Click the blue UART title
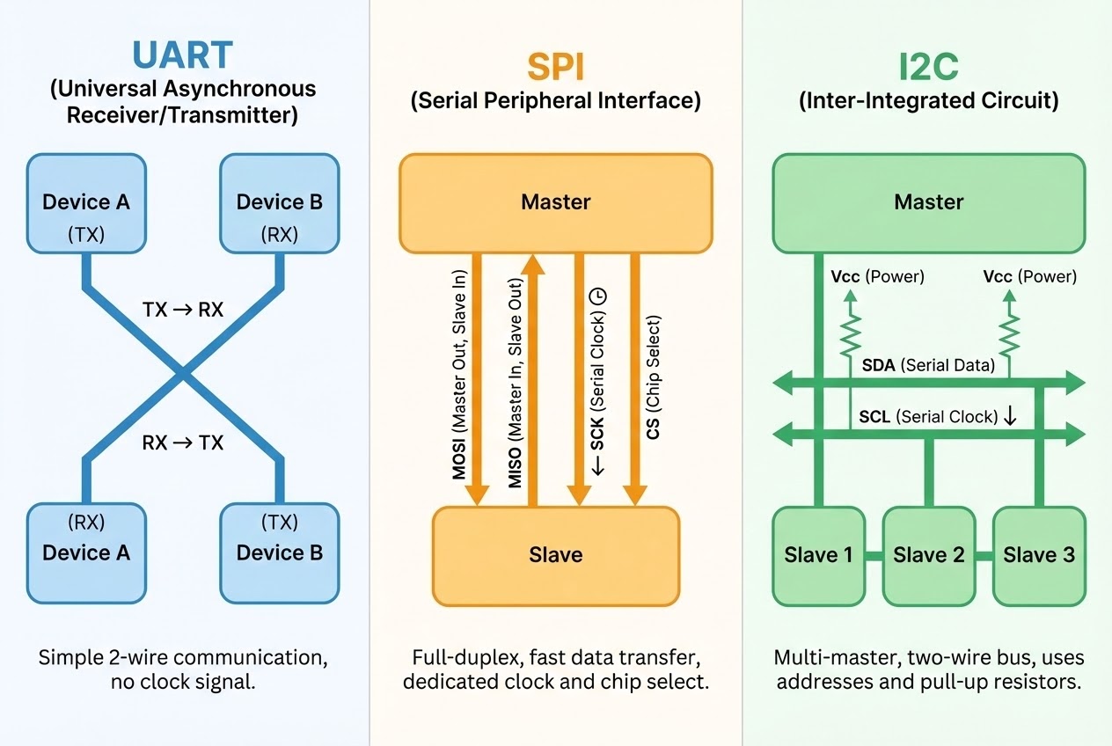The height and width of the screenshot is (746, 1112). pyautogui.click(x=182, y=55)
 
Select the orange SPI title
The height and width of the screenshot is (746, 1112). pyautogui.click(x=555, y=66)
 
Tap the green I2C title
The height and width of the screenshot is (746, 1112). pyautogui.click(x=928, y=66)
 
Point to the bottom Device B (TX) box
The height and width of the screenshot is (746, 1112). pyautogui.click(x=279, y=552)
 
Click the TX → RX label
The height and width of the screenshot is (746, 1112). pyautogui.click(x=183, y=310)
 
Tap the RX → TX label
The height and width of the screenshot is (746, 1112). pyautogui.click(x=183, y=442)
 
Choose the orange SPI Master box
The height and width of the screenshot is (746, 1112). pyautogui.click(x=555, y=203)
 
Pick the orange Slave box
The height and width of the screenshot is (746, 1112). pyautogui.click(x=555, y=555)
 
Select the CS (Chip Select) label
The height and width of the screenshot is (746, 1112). pyautogui.click(x=654, y=377)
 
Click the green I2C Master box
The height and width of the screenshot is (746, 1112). pyautogui.click(x=928, y=203)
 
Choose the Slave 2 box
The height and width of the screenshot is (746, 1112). pyautogui.click(x=928, y=555)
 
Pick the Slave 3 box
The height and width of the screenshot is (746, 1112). pyautogui.click(x=1039, y=555)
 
